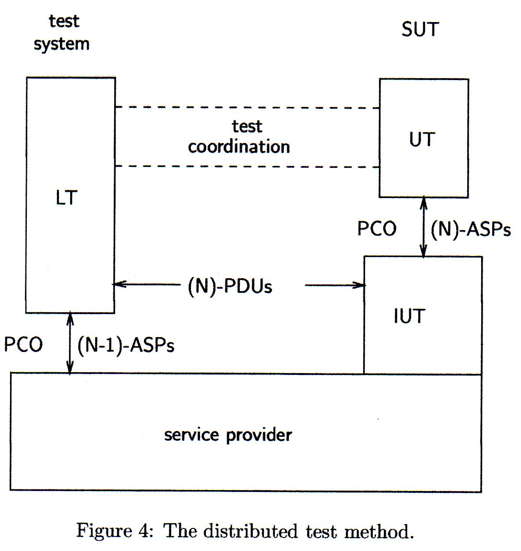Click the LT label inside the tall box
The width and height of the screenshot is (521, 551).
click(x=66, y=198)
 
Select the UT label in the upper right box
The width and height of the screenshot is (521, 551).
click(x=422, y=140)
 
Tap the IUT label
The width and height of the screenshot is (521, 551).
click(x=409, y=317)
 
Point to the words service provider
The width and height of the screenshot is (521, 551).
click(x=228, y=435)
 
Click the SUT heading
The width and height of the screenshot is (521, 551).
click(x=420, y=30)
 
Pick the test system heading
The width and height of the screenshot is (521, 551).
click(x=62, y=33)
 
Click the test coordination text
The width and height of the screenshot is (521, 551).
click(x=239, y=137)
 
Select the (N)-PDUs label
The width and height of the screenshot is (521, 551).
click(x=230, y=286)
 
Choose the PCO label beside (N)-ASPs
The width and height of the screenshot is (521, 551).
click(x=377, y=229)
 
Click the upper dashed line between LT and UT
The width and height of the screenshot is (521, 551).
click(x=247, y=107)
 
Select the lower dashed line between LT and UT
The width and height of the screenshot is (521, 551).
click(x=247, y=166)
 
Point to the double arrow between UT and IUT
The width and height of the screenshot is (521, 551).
click(x=423, y=227)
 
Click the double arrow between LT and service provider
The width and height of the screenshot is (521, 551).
click(x=71, y=343)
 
